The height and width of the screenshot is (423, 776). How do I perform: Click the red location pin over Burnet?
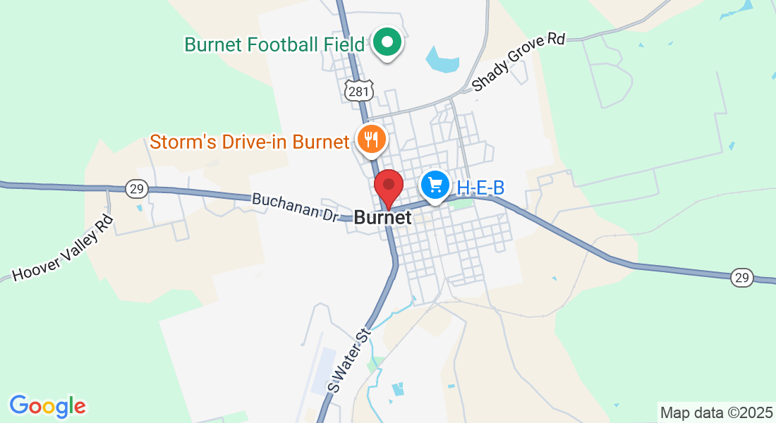tap(388, 187)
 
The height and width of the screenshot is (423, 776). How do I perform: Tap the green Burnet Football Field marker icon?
tap(387, 43)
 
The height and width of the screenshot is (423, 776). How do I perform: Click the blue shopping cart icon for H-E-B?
tap(435, 185)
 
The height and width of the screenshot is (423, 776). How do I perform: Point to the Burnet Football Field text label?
tap(274, 44)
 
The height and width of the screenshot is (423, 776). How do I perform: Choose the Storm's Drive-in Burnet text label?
tap(250, 142)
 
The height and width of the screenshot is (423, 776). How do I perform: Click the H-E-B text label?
tap(480, 188)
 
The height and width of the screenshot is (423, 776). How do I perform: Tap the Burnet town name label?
tap(382, 218)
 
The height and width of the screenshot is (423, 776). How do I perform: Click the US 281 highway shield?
tap(357, 90)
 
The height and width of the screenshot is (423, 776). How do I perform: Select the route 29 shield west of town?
tap(136, 188)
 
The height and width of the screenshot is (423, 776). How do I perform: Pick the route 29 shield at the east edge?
tap(741, 277)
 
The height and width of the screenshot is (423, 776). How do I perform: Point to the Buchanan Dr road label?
tap(296, 209)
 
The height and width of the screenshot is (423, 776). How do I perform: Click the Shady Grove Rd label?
tap(519, 61)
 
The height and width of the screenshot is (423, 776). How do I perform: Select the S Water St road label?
tap(348, 360)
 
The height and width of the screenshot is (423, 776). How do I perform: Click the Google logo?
tap(47, 406)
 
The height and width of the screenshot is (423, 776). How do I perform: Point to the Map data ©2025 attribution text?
tap(716, 412)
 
